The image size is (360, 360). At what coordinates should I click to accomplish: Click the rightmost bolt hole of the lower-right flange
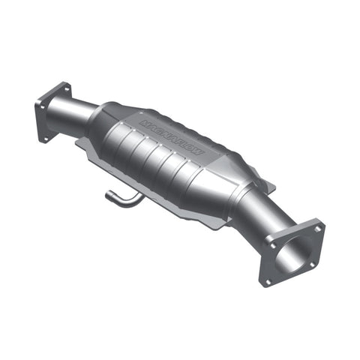coord(319,226)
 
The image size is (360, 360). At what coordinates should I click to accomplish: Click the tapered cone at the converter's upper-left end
coord(105,131)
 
